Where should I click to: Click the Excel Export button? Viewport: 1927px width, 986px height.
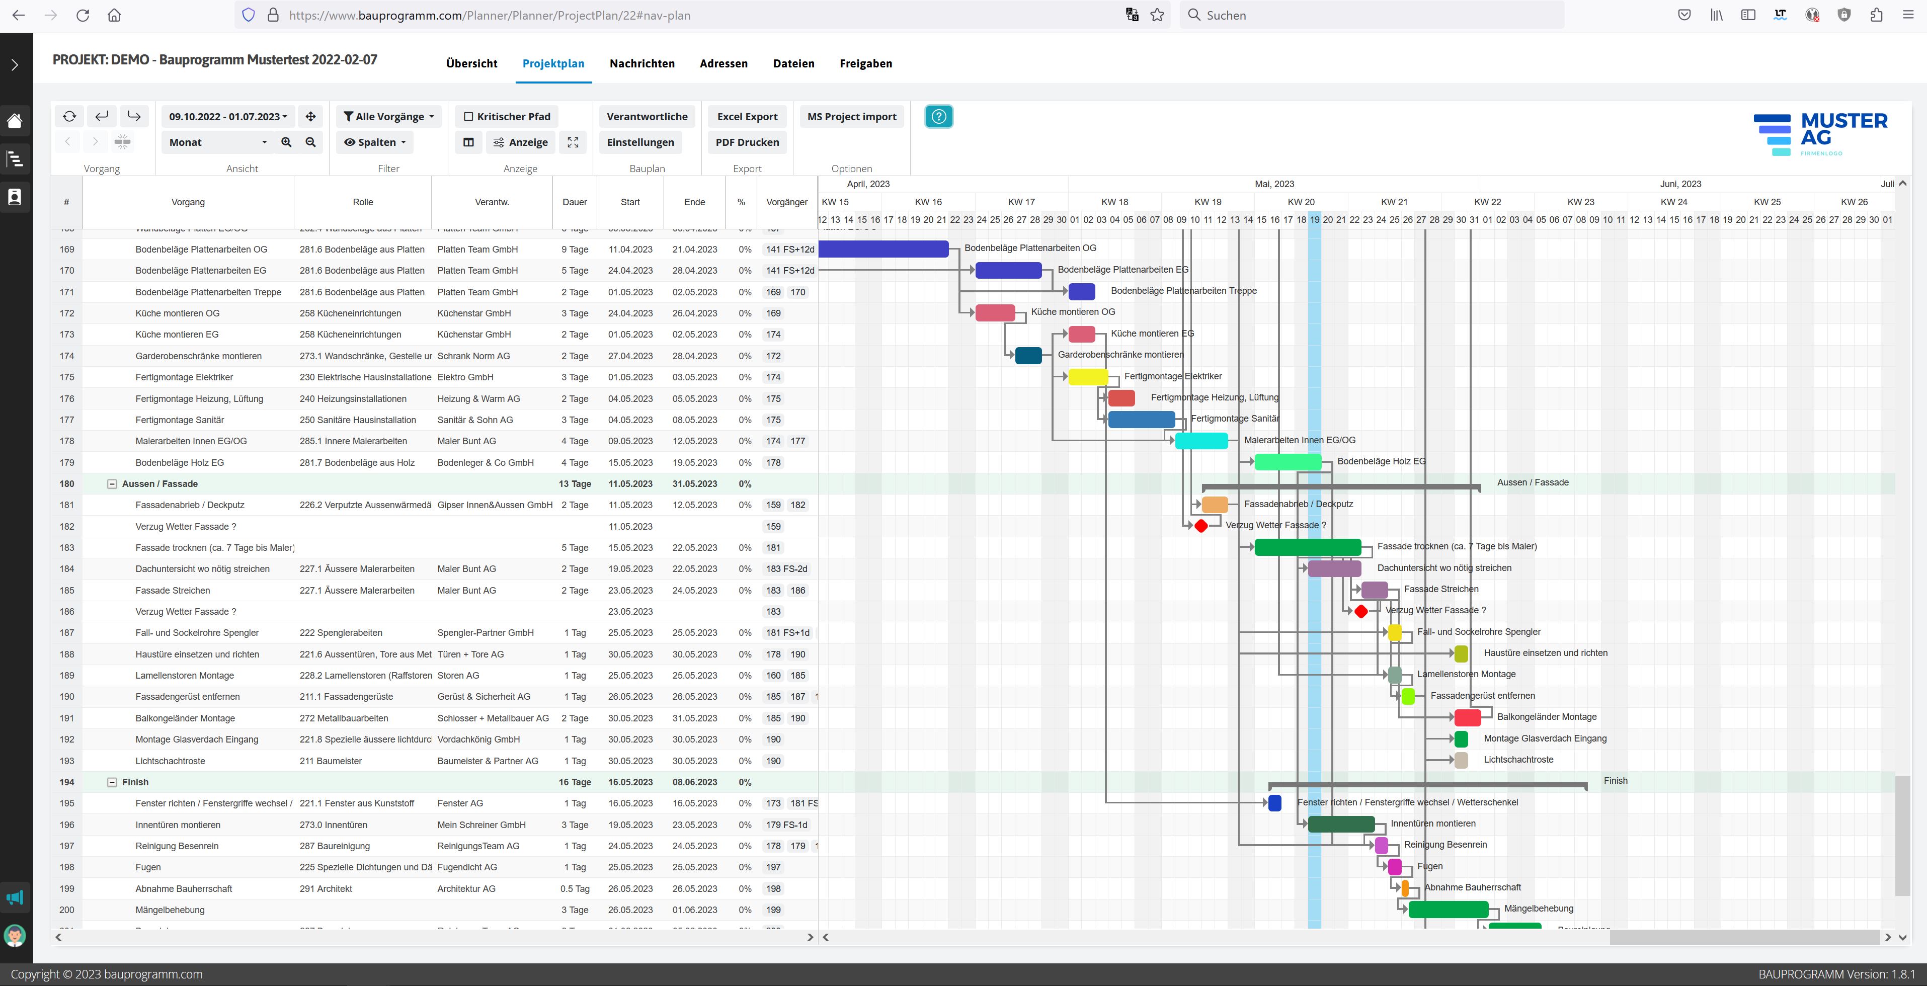747,117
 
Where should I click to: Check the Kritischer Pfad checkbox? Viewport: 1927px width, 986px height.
469,117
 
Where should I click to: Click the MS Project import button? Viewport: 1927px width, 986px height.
851,117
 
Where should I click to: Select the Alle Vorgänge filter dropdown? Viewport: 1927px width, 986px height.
388,117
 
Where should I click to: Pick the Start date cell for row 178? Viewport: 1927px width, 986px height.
630,441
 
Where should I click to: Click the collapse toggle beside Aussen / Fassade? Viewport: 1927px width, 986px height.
112,484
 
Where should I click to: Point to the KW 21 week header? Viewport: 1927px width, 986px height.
1394,202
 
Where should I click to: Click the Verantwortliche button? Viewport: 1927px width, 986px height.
647,117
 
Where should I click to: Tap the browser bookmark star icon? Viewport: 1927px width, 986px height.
1157,15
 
